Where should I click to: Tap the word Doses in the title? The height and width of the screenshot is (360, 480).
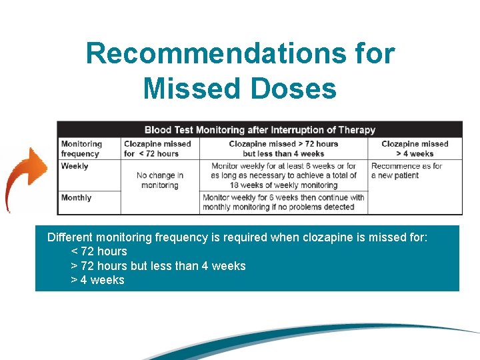[x=299, y=88]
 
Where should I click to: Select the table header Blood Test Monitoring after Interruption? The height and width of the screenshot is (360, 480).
[x=259, y=129]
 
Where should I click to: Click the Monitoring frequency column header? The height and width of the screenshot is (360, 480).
[x=81, y=149]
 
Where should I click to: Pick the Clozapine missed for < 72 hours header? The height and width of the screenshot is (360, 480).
[x=157, y=149]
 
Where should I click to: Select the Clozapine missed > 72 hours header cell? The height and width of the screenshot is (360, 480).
[x=283, y=149]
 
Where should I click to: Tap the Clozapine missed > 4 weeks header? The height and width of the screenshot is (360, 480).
[x=415, y=149]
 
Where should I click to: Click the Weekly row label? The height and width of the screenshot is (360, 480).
[x=75, y=166]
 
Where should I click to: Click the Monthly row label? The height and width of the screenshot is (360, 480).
[x=76, y=197]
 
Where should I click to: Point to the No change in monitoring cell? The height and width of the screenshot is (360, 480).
[x=159, y=180]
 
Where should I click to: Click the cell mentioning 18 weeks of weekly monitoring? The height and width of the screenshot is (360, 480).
[x=283, y=175]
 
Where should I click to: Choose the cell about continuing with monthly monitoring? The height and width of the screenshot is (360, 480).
[x=283, y=202]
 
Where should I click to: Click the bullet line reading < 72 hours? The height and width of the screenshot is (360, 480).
[x=99, y=251]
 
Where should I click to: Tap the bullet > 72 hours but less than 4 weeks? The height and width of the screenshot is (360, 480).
[x=158, y=266]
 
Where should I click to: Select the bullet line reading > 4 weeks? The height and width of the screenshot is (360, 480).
[x=97, y=280]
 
